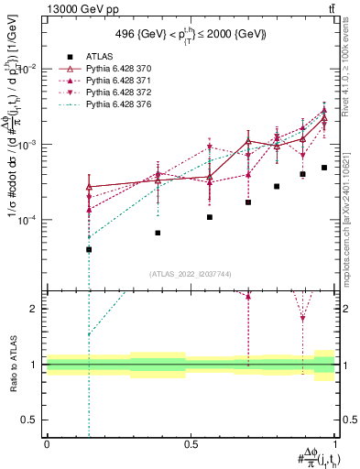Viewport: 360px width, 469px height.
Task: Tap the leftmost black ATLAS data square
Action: (x=89, y=249)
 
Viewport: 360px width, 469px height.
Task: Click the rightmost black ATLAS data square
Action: (x=324, y=168)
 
